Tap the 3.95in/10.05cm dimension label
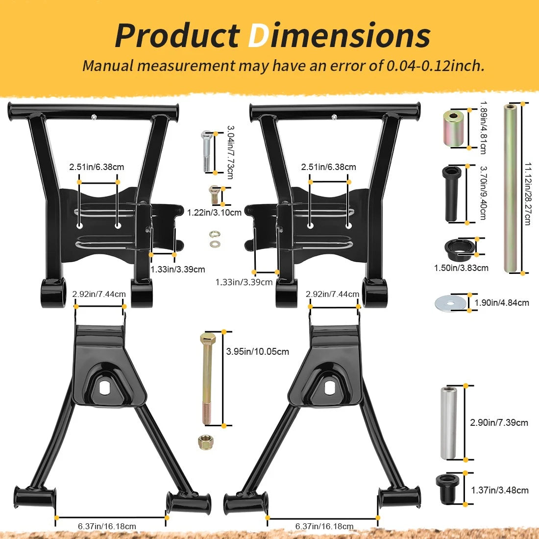pos(257,352)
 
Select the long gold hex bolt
pos(207,379)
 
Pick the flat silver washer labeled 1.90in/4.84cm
pos(451,303)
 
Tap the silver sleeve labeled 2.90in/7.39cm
pos(448,423)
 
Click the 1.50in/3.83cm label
pos(461,268)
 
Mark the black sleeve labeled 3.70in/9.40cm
pos(453,194)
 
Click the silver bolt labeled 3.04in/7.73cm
pos(207,151)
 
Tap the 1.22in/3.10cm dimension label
pos(214,213)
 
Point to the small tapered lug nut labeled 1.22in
pos(214,195)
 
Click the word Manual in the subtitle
pos(108,65)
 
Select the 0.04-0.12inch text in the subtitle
pos(435,65)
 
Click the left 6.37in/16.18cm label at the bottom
pos(107,526)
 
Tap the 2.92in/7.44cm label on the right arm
pos(332,294)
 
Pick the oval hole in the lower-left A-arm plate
pos(104,388)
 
